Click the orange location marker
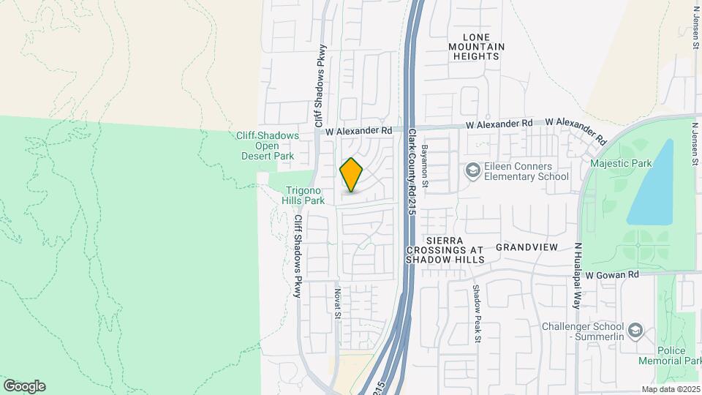pos(351,174)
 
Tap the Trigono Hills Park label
pos(304,195)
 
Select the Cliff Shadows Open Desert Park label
pos(268,146)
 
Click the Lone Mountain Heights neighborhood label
pos(479,46)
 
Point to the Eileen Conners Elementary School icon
pos(472,170)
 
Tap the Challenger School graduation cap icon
pos(634,330)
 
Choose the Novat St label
pos(338,303)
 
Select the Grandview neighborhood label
pos(526,247)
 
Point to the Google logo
pos(24,385)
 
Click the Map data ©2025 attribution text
pos(669,389)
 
